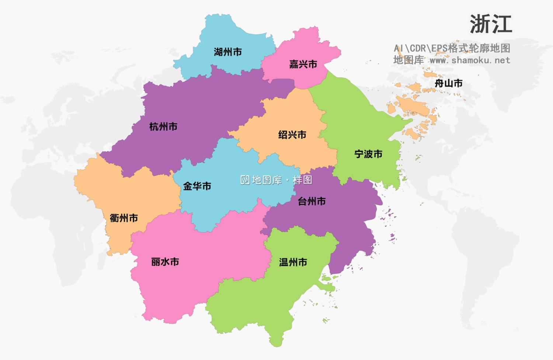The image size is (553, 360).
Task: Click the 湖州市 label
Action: (x=228, y=52)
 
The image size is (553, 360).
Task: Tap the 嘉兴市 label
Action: (x=303, y=64)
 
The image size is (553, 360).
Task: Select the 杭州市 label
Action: (x=163, y=127)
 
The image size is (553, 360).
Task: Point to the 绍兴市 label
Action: (x=292, y=135)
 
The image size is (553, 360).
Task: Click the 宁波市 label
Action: (x=368, y=154)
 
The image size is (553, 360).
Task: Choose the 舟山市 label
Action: (x=449, y=84)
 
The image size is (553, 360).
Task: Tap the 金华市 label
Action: (x=197, y=186)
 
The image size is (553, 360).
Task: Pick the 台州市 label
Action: (x=312, y=202)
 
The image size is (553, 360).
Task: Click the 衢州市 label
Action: (x=124, y=218)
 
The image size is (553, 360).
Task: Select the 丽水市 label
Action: (x=165, y=262)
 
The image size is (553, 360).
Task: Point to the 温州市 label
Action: (x=293, y=262)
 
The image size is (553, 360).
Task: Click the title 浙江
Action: (x=491, y=24)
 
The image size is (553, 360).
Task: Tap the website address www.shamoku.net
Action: (x=470, y=60)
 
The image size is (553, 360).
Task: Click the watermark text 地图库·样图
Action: (x=282, y=180)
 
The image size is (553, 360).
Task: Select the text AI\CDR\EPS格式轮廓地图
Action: (x=452, y=48)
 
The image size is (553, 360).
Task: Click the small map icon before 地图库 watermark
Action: (x=245, y=180)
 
